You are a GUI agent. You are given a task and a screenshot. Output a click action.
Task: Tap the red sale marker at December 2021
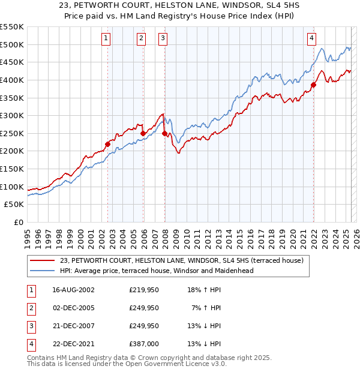point(314,85)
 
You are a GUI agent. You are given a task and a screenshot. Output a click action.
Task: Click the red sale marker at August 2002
point(108,144)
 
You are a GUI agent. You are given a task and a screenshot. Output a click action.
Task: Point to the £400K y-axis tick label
point(12,80)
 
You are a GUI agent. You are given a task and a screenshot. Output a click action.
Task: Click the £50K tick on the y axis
point(14,205)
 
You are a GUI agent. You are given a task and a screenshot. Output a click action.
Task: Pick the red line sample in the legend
point(43,260)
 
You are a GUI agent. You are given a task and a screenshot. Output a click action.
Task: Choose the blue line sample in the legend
point(43,271)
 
